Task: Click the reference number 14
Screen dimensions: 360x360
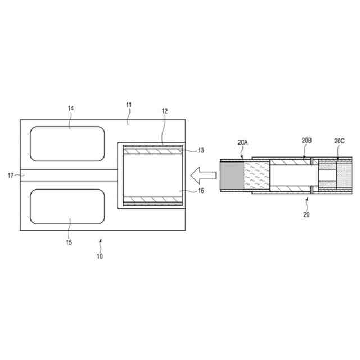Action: (x=71, y=108)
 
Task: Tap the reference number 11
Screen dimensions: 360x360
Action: (x=129, y=105)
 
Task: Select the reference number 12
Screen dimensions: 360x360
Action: (x=165, y=111)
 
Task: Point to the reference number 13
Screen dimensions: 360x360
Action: (x=201, y=150)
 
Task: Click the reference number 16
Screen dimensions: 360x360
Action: (x=201, y=191)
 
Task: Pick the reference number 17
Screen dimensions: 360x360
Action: (x=11, y=175)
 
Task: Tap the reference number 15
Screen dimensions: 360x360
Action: (x=69, y=242)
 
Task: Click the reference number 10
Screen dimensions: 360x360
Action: (x=100, y=256)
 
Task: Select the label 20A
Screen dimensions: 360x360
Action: (x=242, y=142)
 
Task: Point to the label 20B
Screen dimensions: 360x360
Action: (x=307, y=140)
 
